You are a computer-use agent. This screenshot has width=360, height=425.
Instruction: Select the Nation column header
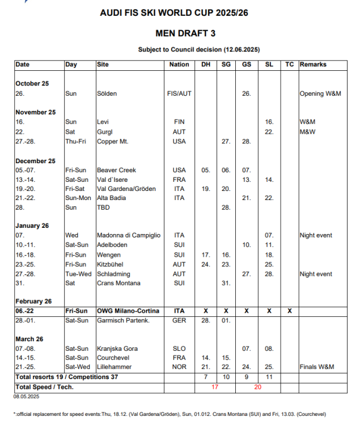point(179,65)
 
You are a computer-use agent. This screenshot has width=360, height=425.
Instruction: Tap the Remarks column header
point(314,65)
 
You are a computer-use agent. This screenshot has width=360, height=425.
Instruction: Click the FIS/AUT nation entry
point(179,93)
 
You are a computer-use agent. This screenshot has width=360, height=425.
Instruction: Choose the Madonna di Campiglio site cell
point(128,235)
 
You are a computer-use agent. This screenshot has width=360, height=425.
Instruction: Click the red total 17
point(215,387)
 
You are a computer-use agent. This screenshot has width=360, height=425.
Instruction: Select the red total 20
point(258,387)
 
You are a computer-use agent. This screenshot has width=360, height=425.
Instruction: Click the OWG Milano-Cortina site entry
point(128,311)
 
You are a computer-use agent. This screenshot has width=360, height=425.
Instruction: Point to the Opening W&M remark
point(320,93)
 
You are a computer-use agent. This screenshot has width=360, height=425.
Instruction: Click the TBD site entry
point(103,207)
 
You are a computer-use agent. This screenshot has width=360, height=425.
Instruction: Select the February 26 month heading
point(33,301)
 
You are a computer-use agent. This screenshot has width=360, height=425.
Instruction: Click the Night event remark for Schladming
point(316,274)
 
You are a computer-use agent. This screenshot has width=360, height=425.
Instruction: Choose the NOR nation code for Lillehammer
point(179,367)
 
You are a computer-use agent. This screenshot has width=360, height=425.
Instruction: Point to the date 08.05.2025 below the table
point(26,397)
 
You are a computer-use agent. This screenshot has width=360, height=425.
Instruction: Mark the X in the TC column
point(289,311)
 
